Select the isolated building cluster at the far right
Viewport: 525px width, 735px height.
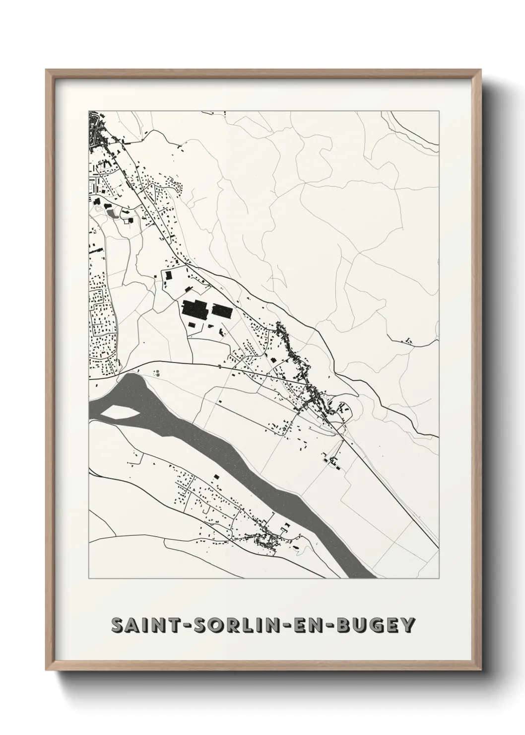[x=408, y=341]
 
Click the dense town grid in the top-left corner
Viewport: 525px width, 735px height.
[x=96, y=130]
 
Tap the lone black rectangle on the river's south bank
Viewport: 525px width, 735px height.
[x=216, y=476]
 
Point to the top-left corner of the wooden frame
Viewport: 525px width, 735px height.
[x=47, y=70]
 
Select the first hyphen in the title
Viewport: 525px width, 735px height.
[x=177, y=626]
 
